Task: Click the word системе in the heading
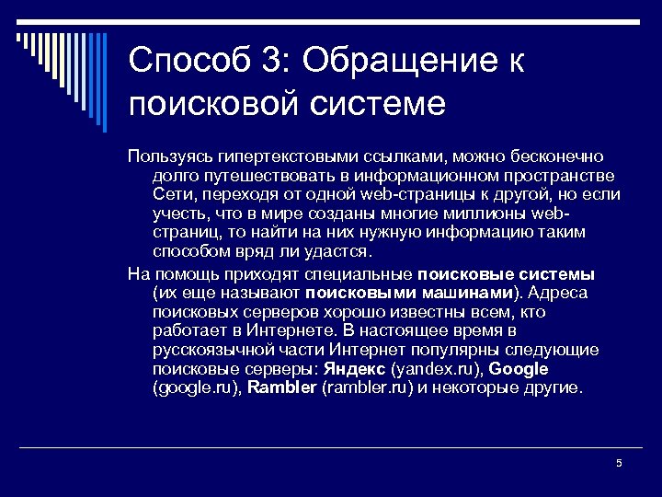(378, 102)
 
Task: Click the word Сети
(171, 195)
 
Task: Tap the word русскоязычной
(206, 351)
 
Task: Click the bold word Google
(519, 369)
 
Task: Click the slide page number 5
(619, 463)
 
